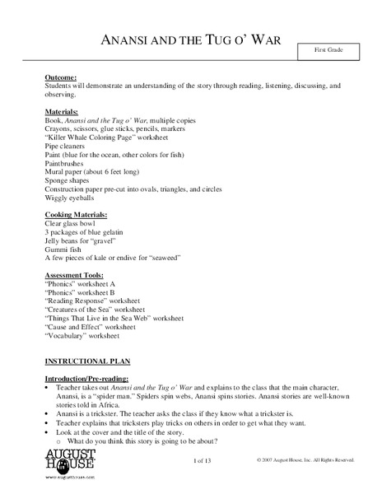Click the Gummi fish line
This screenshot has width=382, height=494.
[x=63, y=248]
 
